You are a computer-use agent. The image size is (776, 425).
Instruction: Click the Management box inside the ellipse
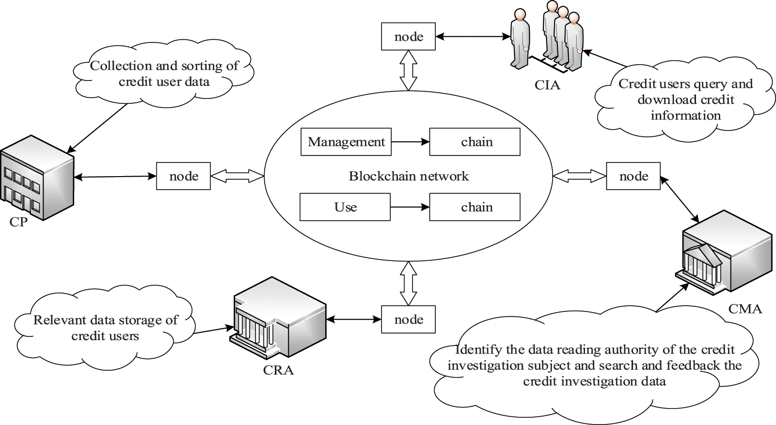tap(346, 142)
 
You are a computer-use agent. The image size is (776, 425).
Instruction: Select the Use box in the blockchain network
tap(345, 207)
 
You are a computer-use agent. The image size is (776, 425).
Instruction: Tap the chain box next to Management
tap(475, 142)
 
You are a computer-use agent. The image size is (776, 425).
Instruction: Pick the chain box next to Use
tap(475, 207)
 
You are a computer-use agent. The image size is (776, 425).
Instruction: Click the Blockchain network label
tap(409, 176)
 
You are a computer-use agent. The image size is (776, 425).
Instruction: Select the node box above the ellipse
tap(408, 37)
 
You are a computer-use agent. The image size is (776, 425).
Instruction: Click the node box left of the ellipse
tap(183, 176)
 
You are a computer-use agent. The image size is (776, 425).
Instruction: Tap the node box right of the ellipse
tap(633, 176)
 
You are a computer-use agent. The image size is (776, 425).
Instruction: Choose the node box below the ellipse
tap(408, 319)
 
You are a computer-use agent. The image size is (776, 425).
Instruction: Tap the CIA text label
tap(547, 85)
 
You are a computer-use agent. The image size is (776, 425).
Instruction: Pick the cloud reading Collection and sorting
tap(164, 73)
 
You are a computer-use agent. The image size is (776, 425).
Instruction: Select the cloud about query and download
tap(684, 100)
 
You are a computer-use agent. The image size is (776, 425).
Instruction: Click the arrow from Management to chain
tap(410, 142)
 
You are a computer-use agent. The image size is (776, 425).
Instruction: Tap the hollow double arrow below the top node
tap(408, 70)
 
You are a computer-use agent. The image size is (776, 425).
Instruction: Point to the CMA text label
tap(745, 309)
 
